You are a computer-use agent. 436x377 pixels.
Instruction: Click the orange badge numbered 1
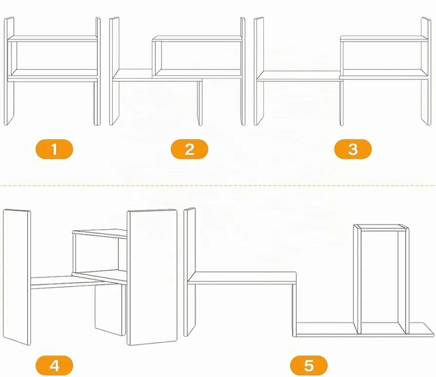tap(54, 149)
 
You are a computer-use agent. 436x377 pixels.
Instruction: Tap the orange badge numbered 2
tap(190, 149)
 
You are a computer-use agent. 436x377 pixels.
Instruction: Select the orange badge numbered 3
tap(353, 149)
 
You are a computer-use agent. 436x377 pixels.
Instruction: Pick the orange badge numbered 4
tap(54, 365)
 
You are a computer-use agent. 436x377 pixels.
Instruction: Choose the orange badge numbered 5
tap(309, 365)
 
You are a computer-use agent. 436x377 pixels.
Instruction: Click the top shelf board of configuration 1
tap(52, 38)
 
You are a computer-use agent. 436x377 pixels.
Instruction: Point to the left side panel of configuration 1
tap(9, 71)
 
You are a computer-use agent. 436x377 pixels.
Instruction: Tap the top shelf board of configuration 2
tap(197, 38)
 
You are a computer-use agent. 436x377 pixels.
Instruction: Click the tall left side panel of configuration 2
tap(115, 71)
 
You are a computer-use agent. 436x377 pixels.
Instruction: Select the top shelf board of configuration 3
tap(384, 38)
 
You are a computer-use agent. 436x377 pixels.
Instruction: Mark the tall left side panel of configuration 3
tap(259, 71)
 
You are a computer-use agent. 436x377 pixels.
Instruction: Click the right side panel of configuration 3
tap(426, 71)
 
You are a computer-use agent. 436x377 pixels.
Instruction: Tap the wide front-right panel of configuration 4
tap(152, 277)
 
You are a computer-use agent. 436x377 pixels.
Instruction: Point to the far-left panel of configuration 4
tap(17, 277)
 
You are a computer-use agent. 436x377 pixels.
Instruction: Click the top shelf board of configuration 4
tap(100, 233)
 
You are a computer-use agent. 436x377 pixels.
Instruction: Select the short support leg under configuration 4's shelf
tap(109, 309)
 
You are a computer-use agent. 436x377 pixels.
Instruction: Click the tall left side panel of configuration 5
tap(190, 272)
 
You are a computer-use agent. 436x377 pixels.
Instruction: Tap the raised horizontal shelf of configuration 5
tap(242, 278)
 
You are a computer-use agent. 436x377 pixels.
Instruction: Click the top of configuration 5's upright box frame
tap(381, 227)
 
